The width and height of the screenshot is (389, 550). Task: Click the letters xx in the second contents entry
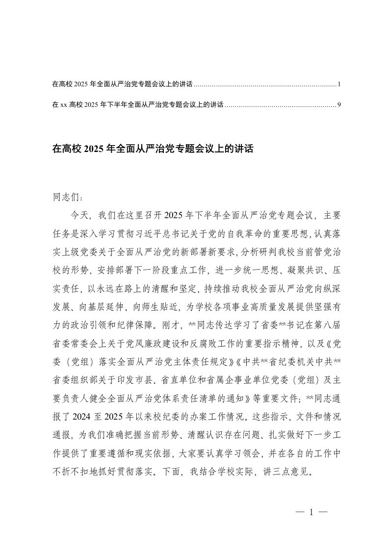coord(63,105)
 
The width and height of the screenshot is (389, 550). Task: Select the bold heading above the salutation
coord(152,149)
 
